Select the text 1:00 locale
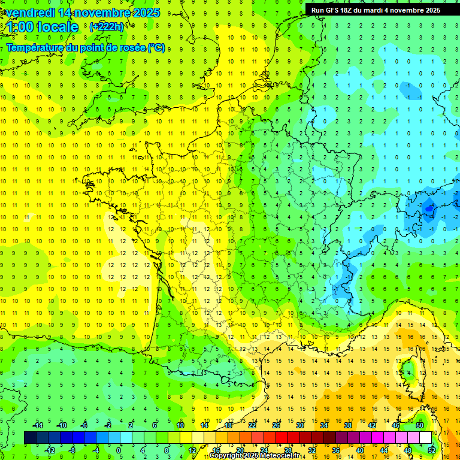(43, 27)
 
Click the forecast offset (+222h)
(107, 27)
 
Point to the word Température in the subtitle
(37, 47)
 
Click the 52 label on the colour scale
(431, 450)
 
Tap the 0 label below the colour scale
(118, 450)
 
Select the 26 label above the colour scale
(276, 425)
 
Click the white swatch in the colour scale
(425, 437)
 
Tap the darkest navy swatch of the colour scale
(30, 437)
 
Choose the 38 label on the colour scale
(347, 425)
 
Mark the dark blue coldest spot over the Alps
(428, 208)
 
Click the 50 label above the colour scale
(419, 425)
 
